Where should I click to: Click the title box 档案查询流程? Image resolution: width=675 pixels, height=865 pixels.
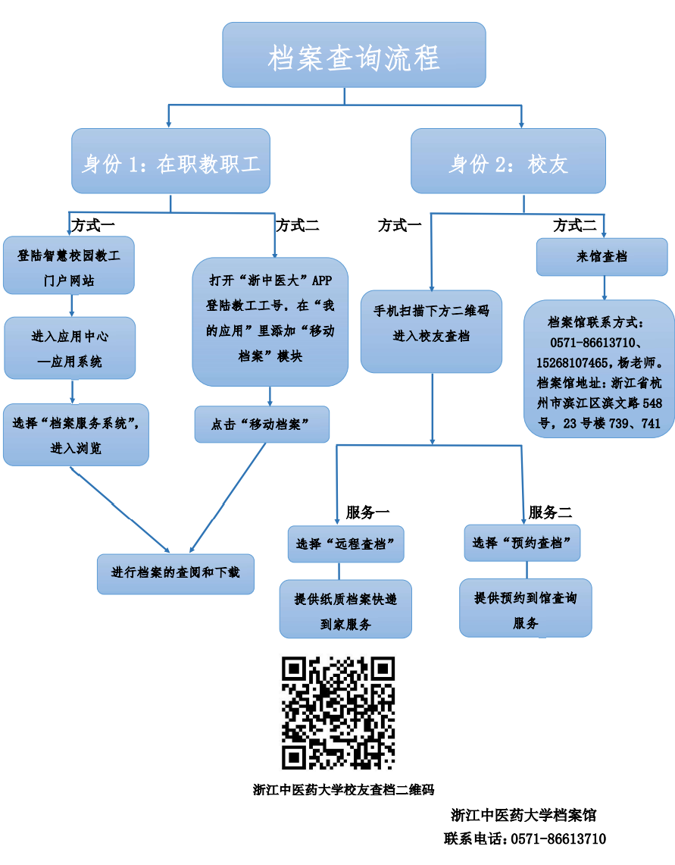pyautogui.click(x=354, y=55)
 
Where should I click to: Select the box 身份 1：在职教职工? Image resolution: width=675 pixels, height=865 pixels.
pyautogui.click(x=171, y=161)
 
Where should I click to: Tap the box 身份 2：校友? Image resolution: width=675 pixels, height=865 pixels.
pyautogui.click(x=508, y=161)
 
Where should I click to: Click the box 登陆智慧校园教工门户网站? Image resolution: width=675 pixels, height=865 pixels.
pyautogui.click(x=69, y=265)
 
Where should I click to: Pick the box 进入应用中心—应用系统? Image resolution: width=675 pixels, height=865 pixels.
pyautogui.click(x=70, y=348)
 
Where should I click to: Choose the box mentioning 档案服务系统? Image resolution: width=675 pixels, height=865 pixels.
pyautogui.click(x=76, y=434)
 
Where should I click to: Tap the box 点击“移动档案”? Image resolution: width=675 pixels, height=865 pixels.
pyautogui.click(x=261, y=425)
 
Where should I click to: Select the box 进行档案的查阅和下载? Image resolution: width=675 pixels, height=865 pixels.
pyautogui.click(x=176, y=573)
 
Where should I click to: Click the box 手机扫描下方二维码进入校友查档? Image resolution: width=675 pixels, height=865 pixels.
pyautogui.click(x=431, y=331)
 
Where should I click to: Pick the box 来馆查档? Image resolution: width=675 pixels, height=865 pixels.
pyautogui.click(x=602, y=257)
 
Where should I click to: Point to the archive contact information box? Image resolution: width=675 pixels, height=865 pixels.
pyautogui.click(x=598, y=368)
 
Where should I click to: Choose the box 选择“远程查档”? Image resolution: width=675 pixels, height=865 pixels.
pyautogui.click(x=345, y=544)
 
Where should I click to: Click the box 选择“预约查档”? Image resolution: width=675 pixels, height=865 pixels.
pyautogui.click(x=522, y=543)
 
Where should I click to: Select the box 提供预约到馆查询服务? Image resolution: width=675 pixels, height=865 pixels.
pyautogui.click(x=525, y=608)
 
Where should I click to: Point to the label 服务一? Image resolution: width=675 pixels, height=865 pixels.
pyautogui.click(x=367, y=512)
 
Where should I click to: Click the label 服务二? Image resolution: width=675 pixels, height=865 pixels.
pyautogui.click(x=550, y=512)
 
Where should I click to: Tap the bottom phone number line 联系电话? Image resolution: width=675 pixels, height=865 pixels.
pyautogui.click(x=524, y=838)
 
